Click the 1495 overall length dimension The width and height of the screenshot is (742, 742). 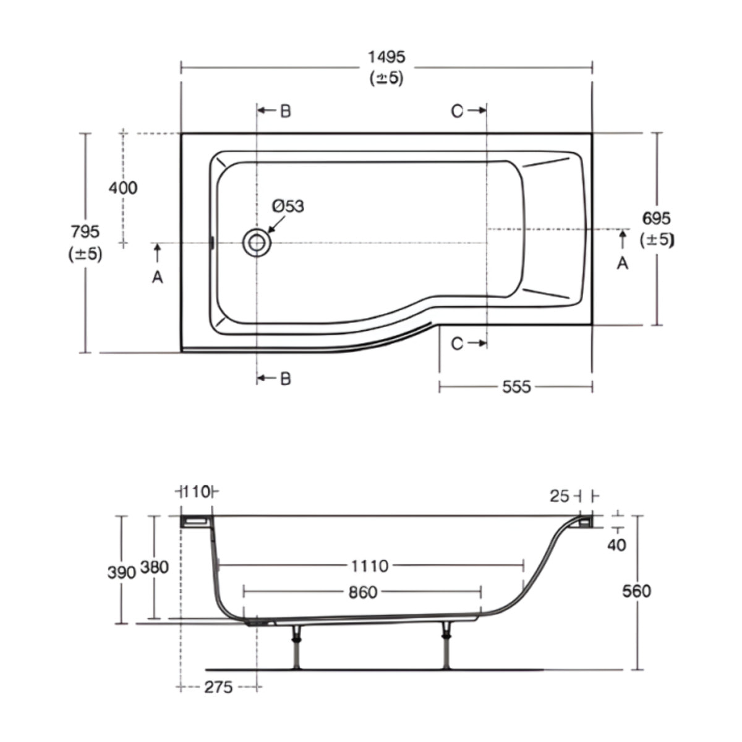point(386,57)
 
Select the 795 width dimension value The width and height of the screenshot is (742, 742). point(85,232)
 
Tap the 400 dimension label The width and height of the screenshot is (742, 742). point(123,187)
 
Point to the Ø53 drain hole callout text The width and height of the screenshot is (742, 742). point(288,206)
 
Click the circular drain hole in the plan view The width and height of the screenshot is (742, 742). point(256,243)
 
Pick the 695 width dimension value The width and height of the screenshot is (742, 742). point(656,218)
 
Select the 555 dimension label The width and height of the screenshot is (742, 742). point(516,387)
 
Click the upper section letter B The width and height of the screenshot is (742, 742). point(285,111)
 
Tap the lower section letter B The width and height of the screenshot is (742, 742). point(285,378)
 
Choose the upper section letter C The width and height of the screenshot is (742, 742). point(457,111)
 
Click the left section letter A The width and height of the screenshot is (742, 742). point(158,278)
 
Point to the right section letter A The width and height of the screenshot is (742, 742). point(623,263)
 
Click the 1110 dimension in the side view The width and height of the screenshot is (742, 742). point(370,566)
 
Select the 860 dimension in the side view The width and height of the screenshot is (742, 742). point(362,592)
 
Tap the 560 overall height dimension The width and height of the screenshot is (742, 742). point(636,591)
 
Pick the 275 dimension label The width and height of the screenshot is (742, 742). point(219,687)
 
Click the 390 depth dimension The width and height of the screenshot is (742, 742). point(121,573)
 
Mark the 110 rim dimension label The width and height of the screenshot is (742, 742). point(197,492)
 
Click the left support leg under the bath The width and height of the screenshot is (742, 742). point(297,646)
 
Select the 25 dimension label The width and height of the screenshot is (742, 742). point(559,496)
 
